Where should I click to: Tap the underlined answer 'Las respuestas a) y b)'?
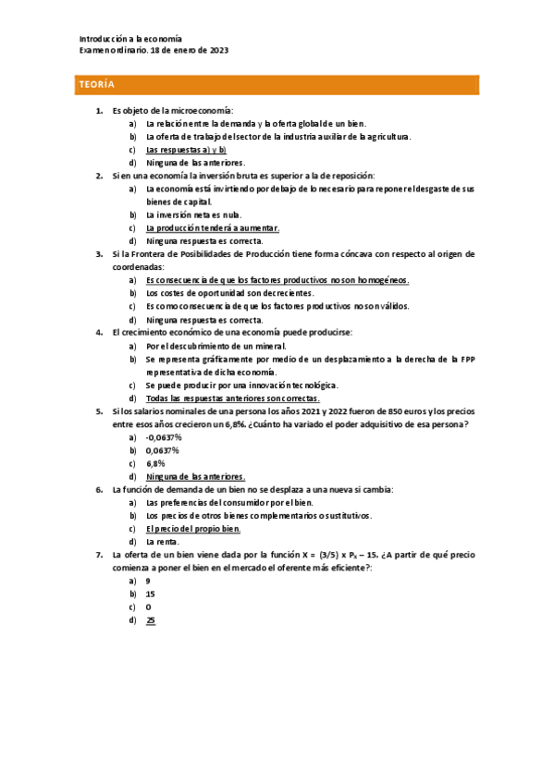click(x=187, y=149)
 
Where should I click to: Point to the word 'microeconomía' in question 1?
click(x=203, y=110)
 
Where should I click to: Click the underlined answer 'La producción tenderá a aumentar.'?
click(x=213, y=227)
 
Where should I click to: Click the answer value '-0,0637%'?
click(x=165, y=436)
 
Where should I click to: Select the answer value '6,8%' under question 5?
click(x=156, y=462)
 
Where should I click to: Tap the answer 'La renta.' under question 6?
click(x=165, y=541)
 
